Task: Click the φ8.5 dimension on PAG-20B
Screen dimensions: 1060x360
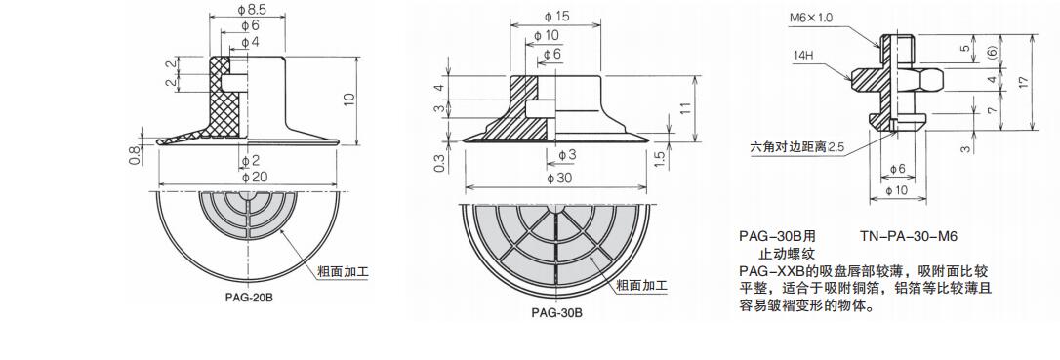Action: tap(251, 10)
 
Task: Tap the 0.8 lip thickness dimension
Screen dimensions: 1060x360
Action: tap(135, 156)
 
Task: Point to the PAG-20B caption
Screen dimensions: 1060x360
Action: tap(250, 298)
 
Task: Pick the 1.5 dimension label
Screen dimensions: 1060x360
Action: tap(662, 158)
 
